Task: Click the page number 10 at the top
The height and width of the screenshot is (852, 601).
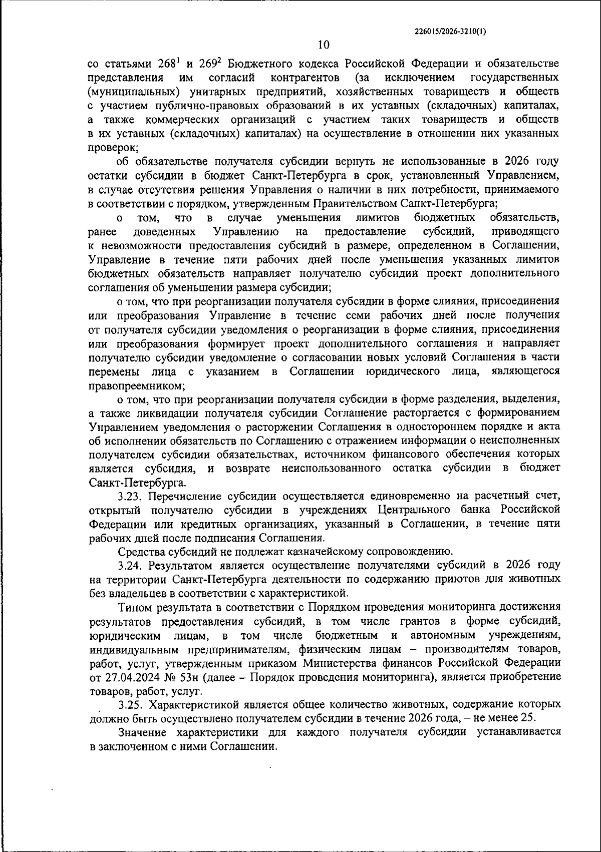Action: tap(324, 45)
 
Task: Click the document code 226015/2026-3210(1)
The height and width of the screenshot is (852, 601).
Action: tap(450, 31)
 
